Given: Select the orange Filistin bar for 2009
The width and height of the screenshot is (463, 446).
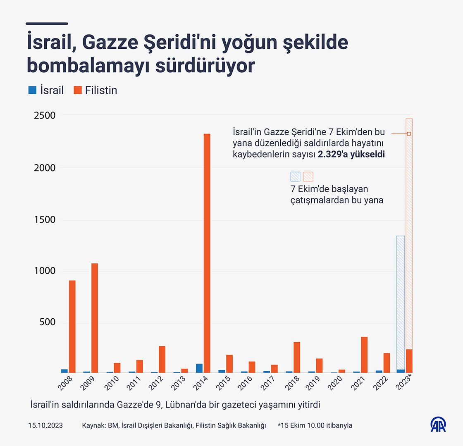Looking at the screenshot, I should pyautogui.click(x=95, y=318).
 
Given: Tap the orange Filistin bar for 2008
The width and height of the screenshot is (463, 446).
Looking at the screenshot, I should pyautogui.click(x=72, y=327).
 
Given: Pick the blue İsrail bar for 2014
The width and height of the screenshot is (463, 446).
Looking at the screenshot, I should pyautogui.click(x=199, y=368).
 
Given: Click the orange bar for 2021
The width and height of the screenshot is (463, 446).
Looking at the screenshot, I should pyautogui.click(x=364, y=355).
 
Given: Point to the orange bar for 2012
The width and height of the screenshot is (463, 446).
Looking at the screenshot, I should pyautogui.click(x=162, y=359).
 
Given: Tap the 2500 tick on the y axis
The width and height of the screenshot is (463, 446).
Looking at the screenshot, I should pyautogui.click(x=44, y=115).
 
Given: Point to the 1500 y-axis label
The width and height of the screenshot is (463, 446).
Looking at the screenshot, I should pyautogui.click(x=44, y=219).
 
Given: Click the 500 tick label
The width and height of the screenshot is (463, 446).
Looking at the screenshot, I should pyautogui.click(x=48, y=323).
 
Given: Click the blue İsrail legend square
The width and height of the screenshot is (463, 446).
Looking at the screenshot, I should pyautogui.click(x=32, y=90).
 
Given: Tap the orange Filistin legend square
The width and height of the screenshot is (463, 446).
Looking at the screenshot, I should pyautogui.click(x=78, y=90).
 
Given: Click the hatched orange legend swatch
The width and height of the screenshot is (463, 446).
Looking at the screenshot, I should pyautogui.click(x=308, y=177).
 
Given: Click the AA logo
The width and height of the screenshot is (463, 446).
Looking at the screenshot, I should pyautogui.click(x=438, y=425).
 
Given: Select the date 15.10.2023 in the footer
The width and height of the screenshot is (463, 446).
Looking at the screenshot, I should pyautogui.click(x=45, y=425).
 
